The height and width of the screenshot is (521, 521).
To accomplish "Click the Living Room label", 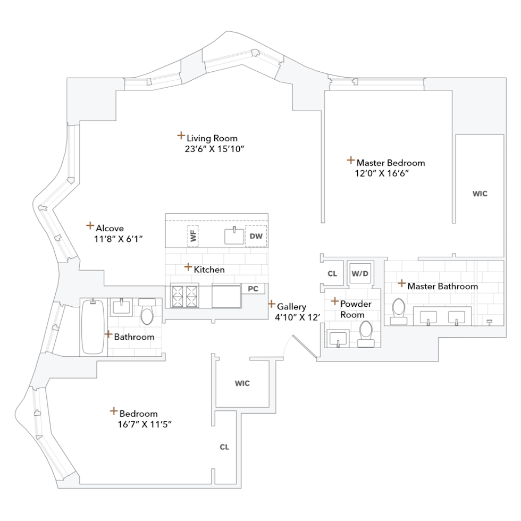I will coord(212,138).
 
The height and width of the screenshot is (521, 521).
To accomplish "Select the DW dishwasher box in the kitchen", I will coord(256,235).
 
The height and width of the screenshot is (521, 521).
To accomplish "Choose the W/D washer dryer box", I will coord(360,273).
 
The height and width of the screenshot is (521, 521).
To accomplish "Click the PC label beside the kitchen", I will coord(253,289).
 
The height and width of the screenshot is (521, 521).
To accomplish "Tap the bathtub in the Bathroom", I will coord(93,327).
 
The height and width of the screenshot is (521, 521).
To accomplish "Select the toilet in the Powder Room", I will coord(366,332).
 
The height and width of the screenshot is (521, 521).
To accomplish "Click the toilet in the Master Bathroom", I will coord(398,311).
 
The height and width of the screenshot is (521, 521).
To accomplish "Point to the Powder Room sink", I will coord(337,338).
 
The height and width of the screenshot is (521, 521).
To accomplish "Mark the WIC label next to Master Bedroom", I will coord(480,194).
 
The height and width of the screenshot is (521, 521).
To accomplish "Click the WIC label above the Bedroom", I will coord(242,383).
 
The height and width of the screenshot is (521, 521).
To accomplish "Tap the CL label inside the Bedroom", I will coord(224,447).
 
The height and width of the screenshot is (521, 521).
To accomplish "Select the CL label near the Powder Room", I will coord(332,274).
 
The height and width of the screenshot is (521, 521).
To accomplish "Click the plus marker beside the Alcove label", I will coord(90,225).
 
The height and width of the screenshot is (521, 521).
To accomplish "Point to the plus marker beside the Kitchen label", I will coord(187,267).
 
